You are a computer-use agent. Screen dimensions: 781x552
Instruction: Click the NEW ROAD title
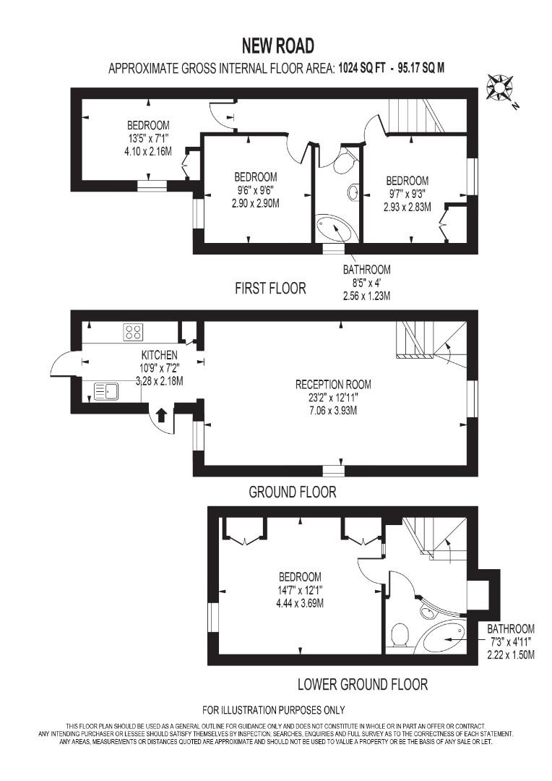pos(278,46)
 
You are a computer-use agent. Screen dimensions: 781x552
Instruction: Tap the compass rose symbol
pos(499,88)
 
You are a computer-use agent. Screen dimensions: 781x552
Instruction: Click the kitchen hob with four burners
pos(133,332)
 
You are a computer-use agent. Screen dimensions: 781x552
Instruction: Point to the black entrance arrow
pos(162,414)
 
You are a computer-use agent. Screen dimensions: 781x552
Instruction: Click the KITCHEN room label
pos(159,355)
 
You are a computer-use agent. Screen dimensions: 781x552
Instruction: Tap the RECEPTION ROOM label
pos(333,385)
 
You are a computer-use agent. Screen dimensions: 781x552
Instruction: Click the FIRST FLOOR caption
pos(270,289)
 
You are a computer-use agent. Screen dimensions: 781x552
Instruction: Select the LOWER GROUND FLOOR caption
pos(363,684)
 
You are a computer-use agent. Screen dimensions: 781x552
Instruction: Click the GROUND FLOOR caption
pos(293,492)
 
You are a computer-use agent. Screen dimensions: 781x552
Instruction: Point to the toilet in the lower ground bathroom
pos(400,636)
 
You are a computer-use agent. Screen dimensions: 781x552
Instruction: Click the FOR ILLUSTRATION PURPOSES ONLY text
pos(273,709)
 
